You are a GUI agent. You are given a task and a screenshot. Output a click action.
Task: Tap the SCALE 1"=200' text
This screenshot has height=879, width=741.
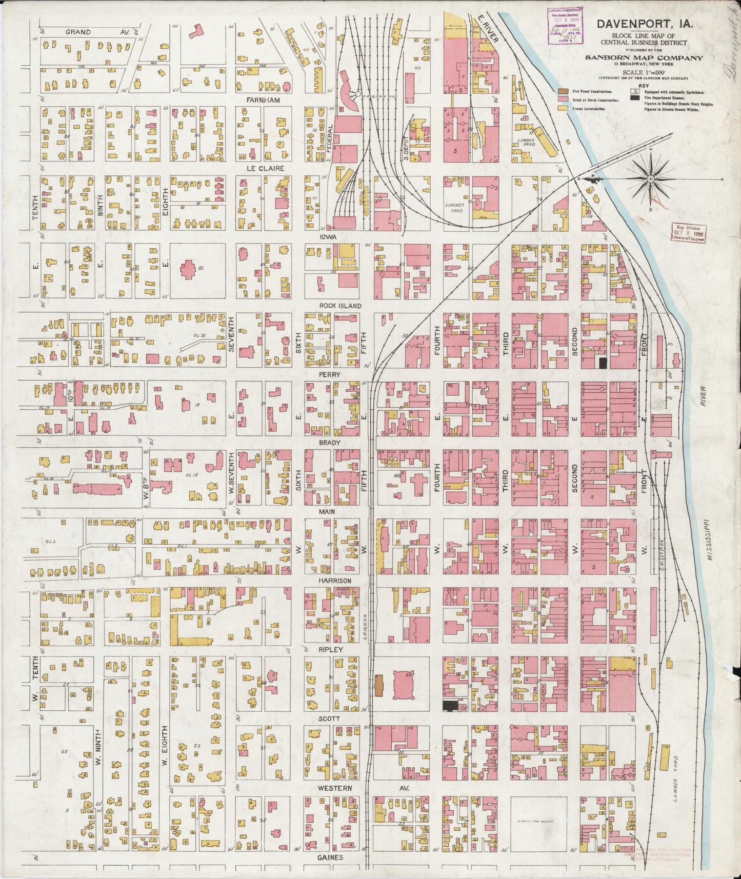click(644, 73)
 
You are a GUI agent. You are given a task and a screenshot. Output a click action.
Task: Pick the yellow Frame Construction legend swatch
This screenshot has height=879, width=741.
click(563, 109)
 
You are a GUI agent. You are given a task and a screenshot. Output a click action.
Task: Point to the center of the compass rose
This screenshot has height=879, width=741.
click(650, 178)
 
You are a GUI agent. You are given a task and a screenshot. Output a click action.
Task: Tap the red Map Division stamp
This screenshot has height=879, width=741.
click(688, 233)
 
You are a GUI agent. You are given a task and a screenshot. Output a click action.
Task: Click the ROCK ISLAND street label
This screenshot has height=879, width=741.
click(340, 306)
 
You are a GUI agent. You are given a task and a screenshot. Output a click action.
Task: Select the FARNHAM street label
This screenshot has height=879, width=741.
click(263, 100)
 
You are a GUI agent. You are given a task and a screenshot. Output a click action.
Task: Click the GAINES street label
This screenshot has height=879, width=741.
click(330, 857)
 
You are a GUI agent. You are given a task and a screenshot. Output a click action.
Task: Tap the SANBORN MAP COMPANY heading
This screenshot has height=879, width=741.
click(644, 58)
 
